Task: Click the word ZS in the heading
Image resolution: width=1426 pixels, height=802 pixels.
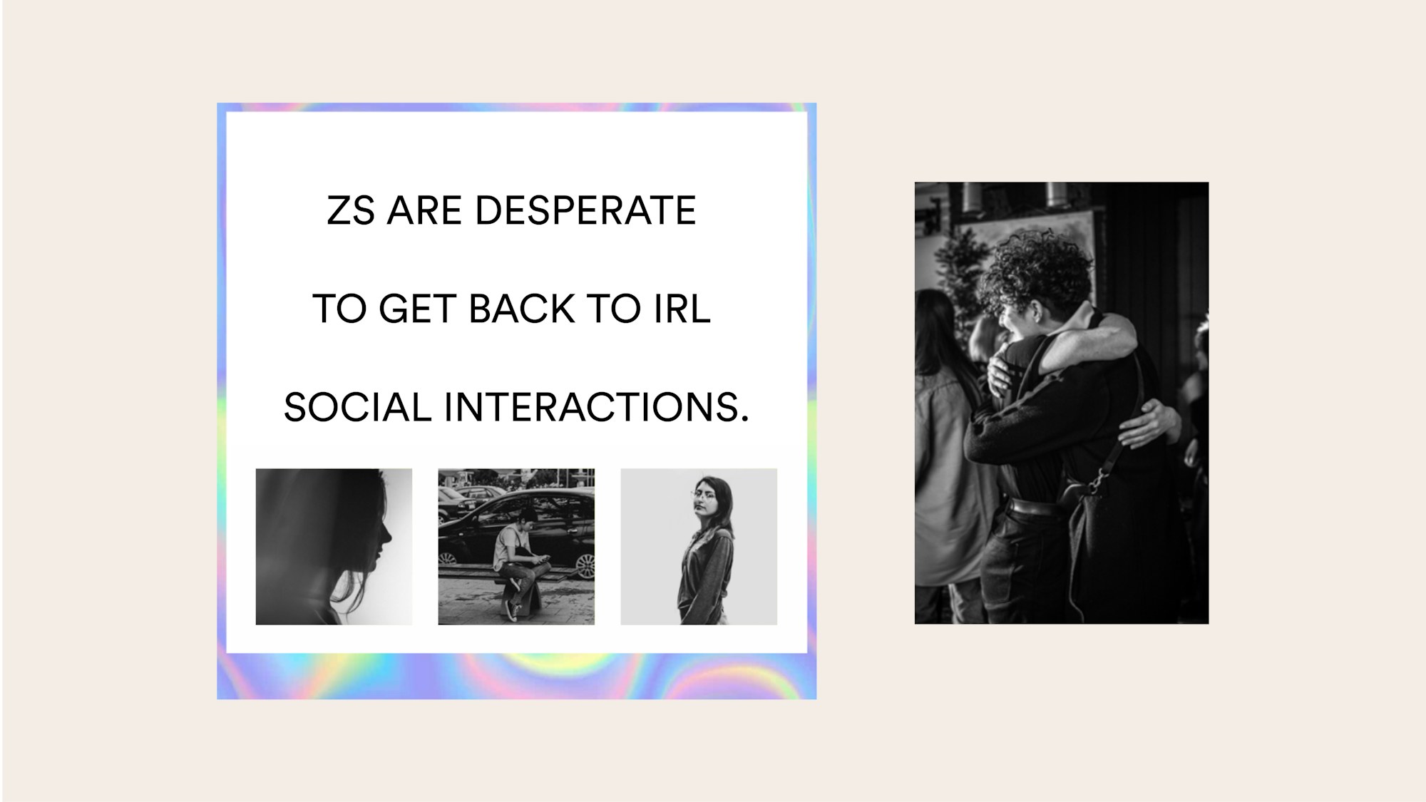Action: [x=350, y=210]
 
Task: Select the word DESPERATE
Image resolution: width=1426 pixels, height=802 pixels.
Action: [x=585, y=210]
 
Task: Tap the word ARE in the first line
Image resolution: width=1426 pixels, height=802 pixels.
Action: [x=424, y=210]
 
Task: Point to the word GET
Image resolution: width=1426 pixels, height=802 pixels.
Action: [x=417, y=309]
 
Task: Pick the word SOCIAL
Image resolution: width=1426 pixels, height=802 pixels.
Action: [x=357, y=407]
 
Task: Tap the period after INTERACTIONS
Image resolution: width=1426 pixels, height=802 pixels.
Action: [x=744, y=419]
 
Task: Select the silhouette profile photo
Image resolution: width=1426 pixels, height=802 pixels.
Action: [x=334, y=546]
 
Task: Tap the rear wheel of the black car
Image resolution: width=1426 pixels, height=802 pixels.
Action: [x=585, y=565]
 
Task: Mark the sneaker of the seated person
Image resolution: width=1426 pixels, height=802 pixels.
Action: [x=511, y=611]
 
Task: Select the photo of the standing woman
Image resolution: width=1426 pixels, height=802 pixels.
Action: [x=699, y=546]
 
